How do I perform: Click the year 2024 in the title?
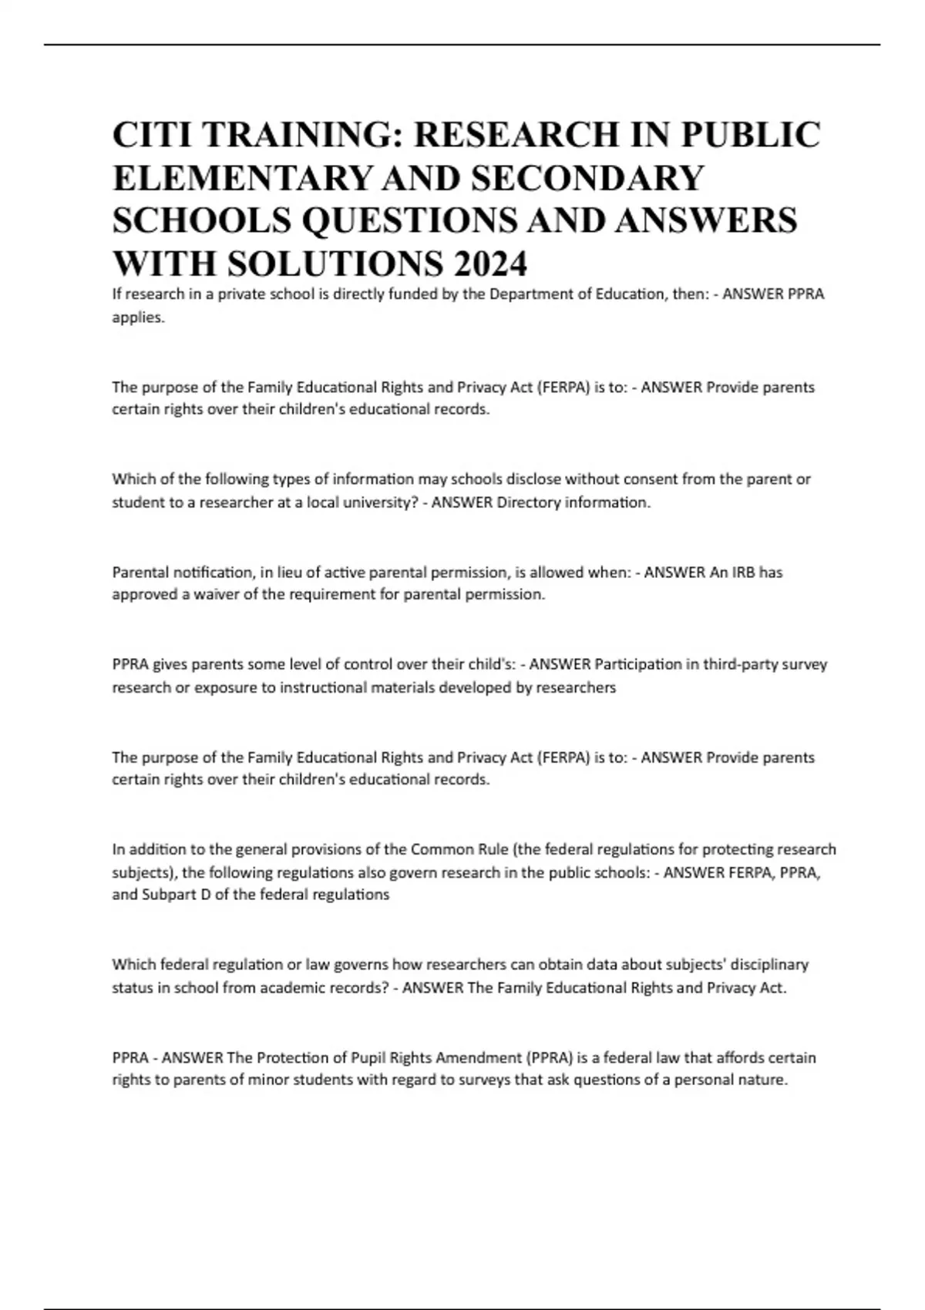point(490,264)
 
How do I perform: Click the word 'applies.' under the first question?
point(139,317)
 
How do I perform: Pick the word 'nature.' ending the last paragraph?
point(763,1080)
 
